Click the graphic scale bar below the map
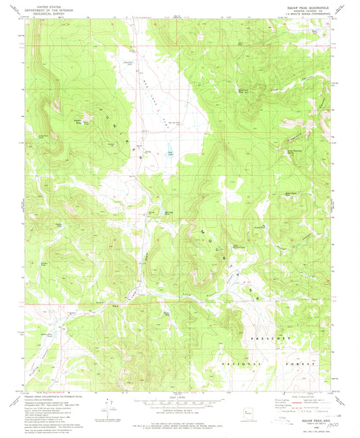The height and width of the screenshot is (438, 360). point(180,401)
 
